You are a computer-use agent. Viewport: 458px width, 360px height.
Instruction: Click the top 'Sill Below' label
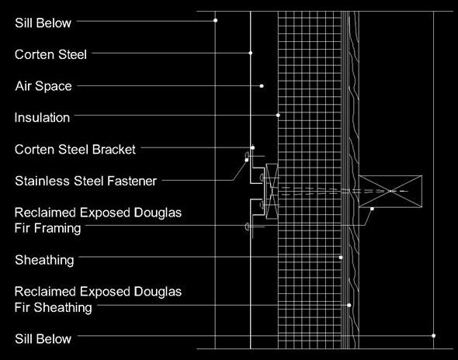(43, 23)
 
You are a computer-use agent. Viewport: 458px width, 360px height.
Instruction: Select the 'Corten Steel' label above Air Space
(50, 54)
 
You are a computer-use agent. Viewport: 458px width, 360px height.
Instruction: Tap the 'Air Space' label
(43, 86)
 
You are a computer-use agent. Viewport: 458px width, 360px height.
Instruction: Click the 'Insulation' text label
(42, 118)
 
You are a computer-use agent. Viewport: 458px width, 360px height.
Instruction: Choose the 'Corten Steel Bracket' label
(75, 150)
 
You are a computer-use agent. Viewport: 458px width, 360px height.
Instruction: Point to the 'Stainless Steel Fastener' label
(86, 181)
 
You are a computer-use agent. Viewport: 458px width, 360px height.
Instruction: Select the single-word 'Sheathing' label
(44, 260)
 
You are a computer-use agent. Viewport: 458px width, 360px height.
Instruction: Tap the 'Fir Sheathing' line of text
(53, 307)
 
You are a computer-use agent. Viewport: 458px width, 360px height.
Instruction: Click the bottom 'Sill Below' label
(43, 339)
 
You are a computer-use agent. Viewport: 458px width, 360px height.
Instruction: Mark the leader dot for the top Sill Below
(215, 20)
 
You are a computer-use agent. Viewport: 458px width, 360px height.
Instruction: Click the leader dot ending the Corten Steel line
(250, 53)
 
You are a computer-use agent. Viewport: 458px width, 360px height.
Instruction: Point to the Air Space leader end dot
(262, 86)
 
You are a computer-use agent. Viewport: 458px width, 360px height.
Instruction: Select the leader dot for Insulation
(278, 116)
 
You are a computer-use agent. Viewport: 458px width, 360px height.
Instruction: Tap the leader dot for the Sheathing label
(341, 258)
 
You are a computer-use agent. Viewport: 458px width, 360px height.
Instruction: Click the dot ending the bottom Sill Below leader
(433, 336)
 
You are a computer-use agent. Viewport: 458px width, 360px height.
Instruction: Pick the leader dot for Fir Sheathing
(349, 306)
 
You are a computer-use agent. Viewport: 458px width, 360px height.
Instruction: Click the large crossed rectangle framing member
(390, 191)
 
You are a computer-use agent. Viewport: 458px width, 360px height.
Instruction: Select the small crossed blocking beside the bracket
(272, 191)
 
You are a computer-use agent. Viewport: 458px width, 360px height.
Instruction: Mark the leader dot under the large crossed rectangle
(372, 209)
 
